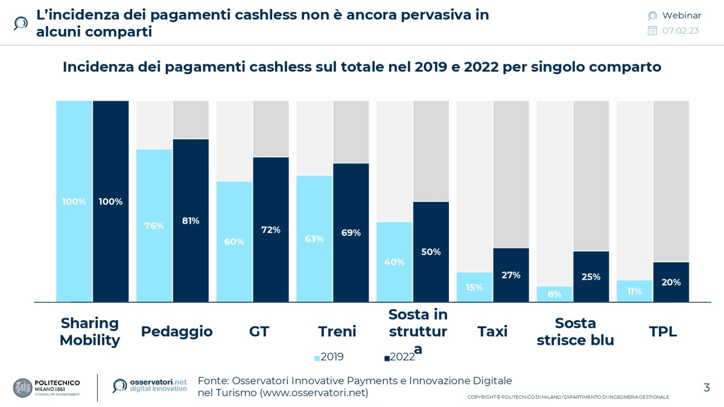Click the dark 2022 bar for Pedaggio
[191, 220]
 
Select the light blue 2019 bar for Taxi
[474, 287]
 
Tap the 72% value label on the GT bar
[271, 230]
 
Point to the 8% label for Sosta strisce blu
[554, 294]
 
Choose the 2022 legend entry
[399, 357]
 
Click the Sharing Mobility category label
[90, 332]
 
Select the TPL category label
[663, 332]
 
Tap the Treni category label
[337, 332]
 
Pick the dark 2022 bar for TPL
[671, 282]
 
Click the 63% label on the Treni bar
[314, 239]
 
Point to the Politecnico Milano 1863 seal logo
[22, 388]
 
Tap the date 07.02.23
[680, 31]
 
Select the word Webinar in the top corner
[681, 16]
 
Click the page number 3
[707, 388]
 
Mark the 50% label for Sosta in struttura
[431, 252]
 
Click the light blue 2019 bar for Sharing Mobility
[74, 201]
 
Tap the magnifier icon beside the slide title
[21, 23]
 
